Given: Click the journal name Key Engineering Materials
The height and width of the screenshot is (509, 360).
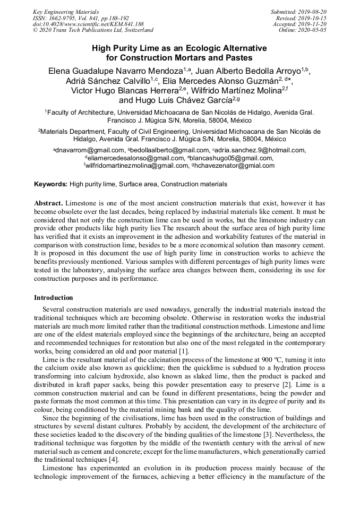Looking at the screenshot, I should [x=66, y=12].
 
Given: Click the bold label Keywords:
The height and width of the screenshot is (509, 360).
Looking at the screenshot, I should [x=51, y=184].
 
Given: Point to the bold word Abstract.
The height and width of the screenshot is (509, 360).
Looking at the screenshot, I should [x=49, y=203].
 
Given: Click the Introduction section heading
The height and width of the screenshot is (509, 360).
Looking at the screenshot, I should [x=54, y=298].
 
